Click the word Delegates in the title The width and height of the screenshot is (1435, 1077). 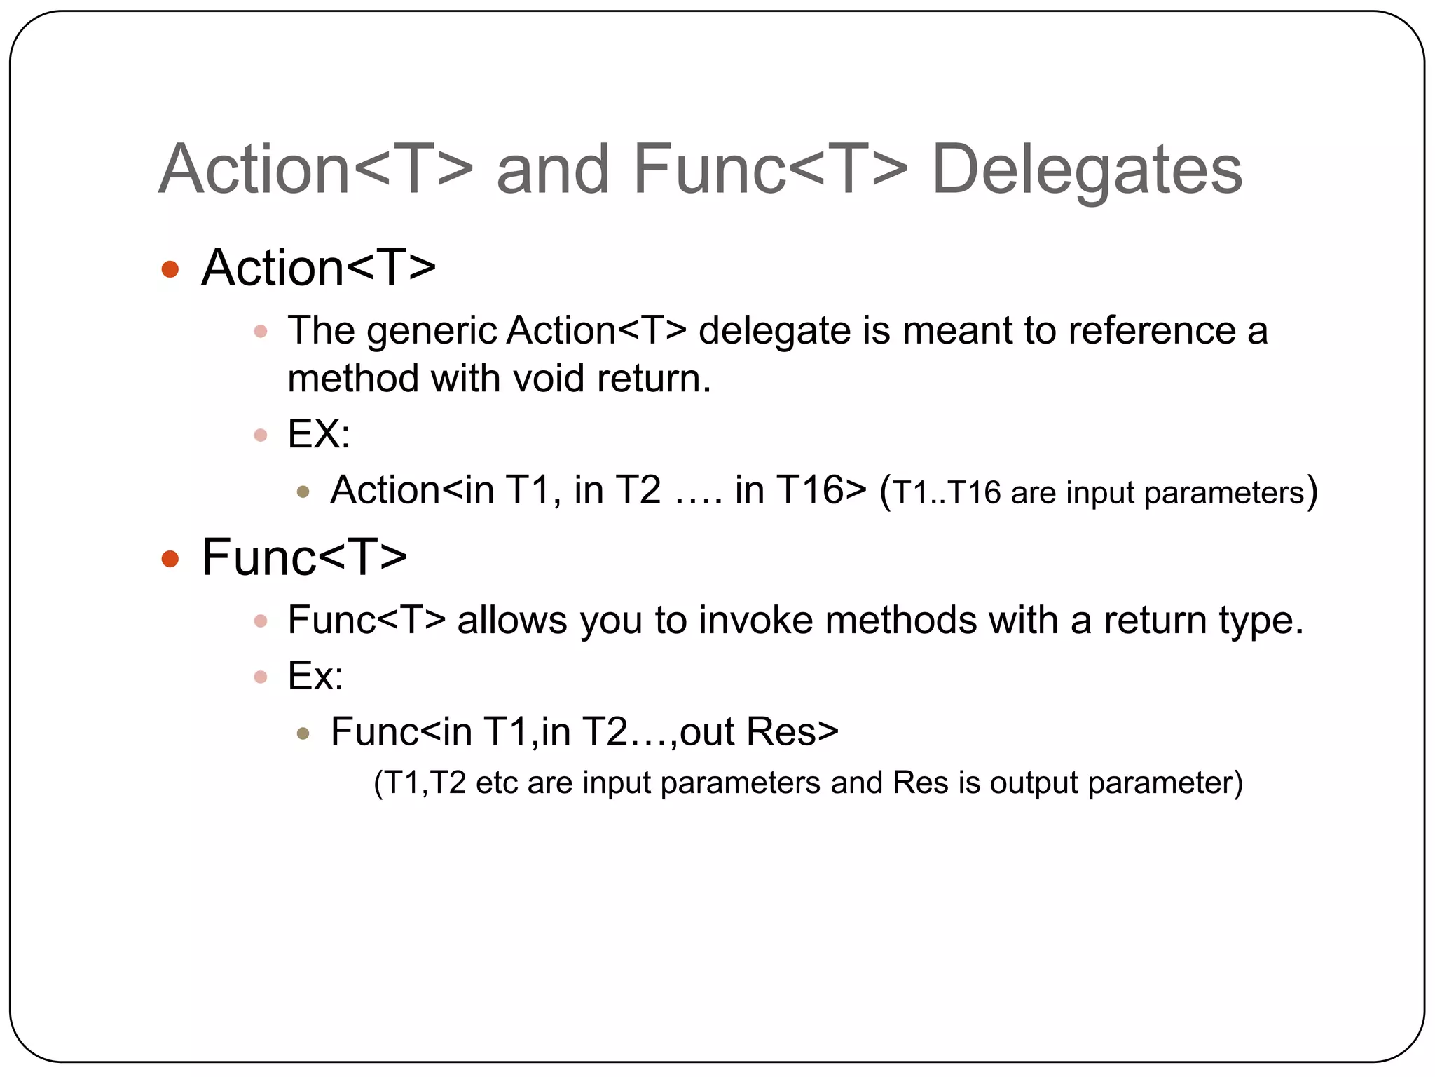coord(1087,170)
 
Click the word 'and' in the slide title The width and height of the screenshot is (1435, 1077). coord(552,170)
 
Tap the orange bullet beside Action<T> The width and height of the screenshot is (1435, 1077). coord(170,269)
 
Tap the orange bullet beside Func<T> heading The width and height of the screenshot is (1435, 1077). coord(170,559)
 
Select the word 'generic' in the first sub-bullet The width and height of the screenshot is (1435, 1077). coord(432,332)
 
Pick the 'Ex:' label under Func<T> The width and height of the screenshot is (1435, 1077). coord(315,676)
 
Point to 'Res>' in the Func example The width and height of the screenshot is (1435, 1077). coord(792,732)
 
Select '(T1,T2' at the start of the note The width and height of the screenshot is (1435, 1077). coord(420,783)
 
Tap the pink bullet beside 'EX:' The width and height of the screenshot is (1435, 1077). coord(261,435)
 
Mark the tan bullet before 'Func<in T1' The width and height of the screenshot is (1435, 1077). coord(303,734)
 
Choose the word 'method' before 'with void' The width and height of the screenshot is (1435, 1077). coord(353,379)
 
